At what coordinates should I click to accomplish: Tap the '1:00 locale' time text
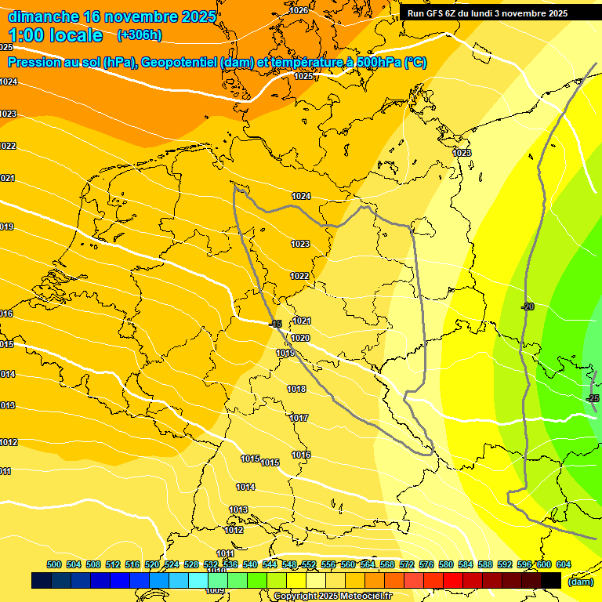point(56,35)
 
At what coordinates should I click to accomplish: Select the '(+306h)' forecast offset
point(140,34)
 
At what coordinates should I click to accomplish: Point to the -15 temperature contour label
point(275,324)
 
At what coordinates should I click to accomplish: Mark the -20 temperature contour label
point(528,306)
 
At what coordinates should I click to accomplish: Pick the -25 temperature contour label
point(593,399)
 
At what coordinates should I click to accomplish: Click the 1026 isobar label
point(299,10)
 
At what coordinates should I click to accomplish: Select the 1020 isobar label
point(300,338)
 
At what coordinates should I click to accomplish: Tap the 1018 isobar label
point(296,389)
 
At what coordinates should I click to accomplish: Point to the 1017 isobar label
point(299,418)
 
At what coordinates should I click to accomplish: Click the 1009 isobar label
point(216,590)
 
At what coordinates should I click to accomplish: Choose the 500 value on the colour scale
point(54,564)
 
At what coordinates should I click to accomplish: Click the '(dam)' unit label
point(580,582)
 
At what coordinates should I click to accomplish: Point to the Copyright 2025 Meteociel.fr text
point(332,597)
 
